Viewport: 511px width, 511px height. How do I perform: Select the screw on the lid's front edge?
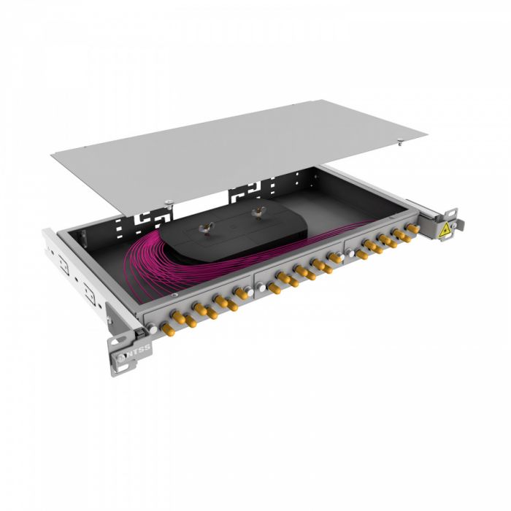coord(169,202)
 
